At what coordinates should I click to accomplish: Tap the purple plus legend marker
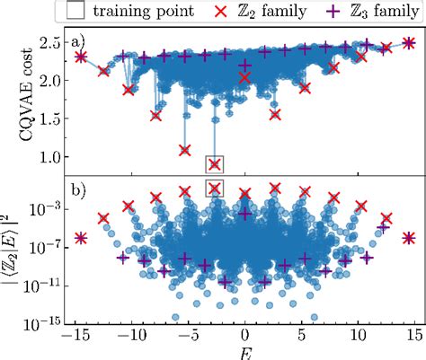point(327,13)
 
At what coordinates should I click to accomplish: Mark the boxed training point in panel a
point(214,163)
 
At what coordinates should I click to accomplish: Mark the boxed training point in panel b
point(214,187)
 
